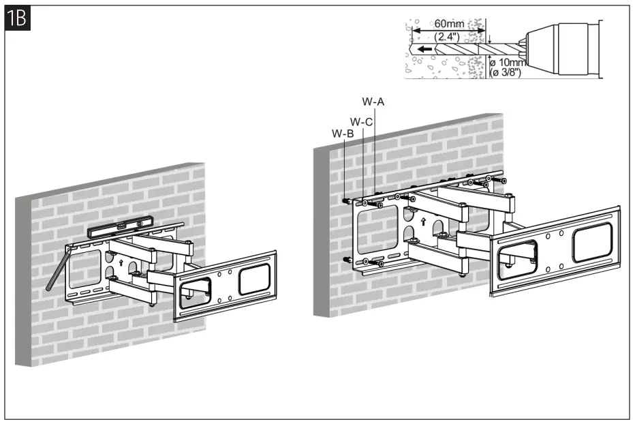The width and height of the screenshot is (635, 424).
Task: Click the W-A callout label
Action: [x=373, y=102]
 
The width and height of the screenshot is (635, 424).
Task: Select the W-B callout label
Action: [x=342, y=134]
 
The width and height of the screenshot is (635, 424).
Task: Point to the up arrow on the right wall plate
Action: [x=424, y=221]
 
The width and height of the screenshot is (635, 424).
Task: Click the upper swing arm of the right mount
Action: [x=463, y=200]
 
